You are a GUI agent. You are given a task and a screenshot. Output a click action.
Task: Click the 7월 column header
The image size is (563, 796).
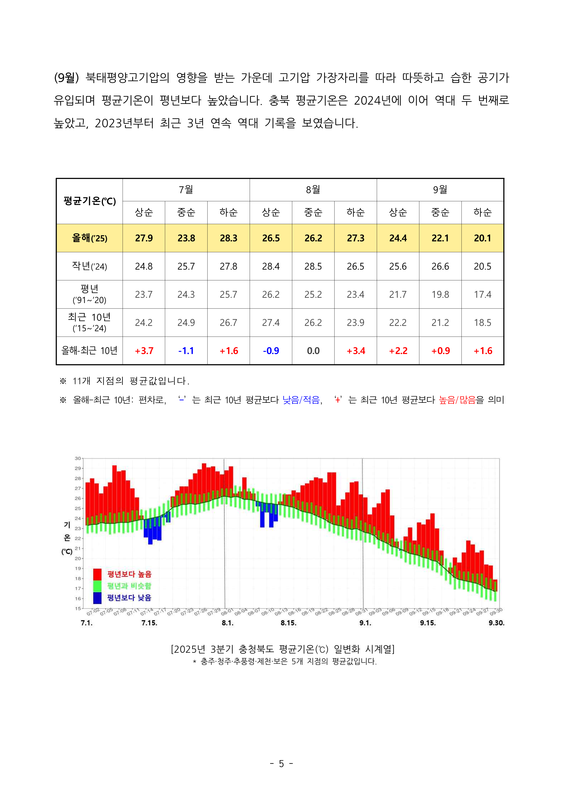click(186, 190)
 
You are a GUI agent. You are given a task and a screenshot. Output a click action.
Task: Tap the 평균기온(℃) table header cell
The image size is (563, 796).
click(89, 201)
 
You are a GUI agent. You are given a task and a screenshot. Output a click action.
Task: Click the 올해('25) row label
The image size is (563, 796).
click(89, 238)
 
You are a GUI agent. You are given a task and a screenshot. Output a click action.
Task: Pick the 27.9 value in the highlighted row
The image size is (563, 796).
click(144, 238)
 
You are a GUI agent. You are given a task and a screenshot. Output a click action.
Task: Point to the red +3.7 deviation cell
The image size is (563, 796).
click(144, 351)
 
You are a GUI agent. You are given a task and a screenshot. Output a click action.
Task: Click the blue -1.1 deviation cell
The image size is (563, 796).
click(186, 351)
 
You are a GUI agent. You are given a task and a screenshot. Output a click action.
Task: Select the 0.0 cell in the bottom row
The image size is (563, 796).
click(313, 351)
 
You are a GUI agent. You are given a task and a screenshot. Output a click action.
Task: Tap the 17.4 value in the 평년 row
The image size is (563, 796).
click(483, 295)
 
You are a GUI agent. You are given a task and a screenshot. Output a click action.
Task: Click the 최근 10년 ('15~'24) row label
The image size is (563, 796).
click(89, 322)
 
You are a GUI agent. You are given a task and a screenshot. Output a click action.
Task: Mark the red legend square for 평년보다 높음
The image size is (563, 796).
click(97, 574)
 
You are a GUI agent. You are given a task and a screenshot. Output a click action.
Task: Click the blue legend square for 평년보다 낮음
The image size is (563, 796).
click(97, 598)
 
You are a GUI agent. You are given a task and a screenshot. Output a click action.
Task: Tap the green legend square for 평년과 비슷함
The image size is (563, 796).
click(97, 586)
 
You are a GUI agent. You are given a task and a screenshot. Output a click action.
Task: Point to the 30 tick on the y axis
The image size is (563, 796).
click(78, 458)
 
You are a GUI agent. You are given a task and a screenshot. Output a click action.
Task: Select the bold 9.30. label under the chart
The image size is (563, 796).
click(496, 623)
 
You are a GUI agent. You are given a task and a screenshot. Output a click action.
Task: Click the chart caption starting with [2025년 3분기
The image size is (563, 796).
click(283, 649)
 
